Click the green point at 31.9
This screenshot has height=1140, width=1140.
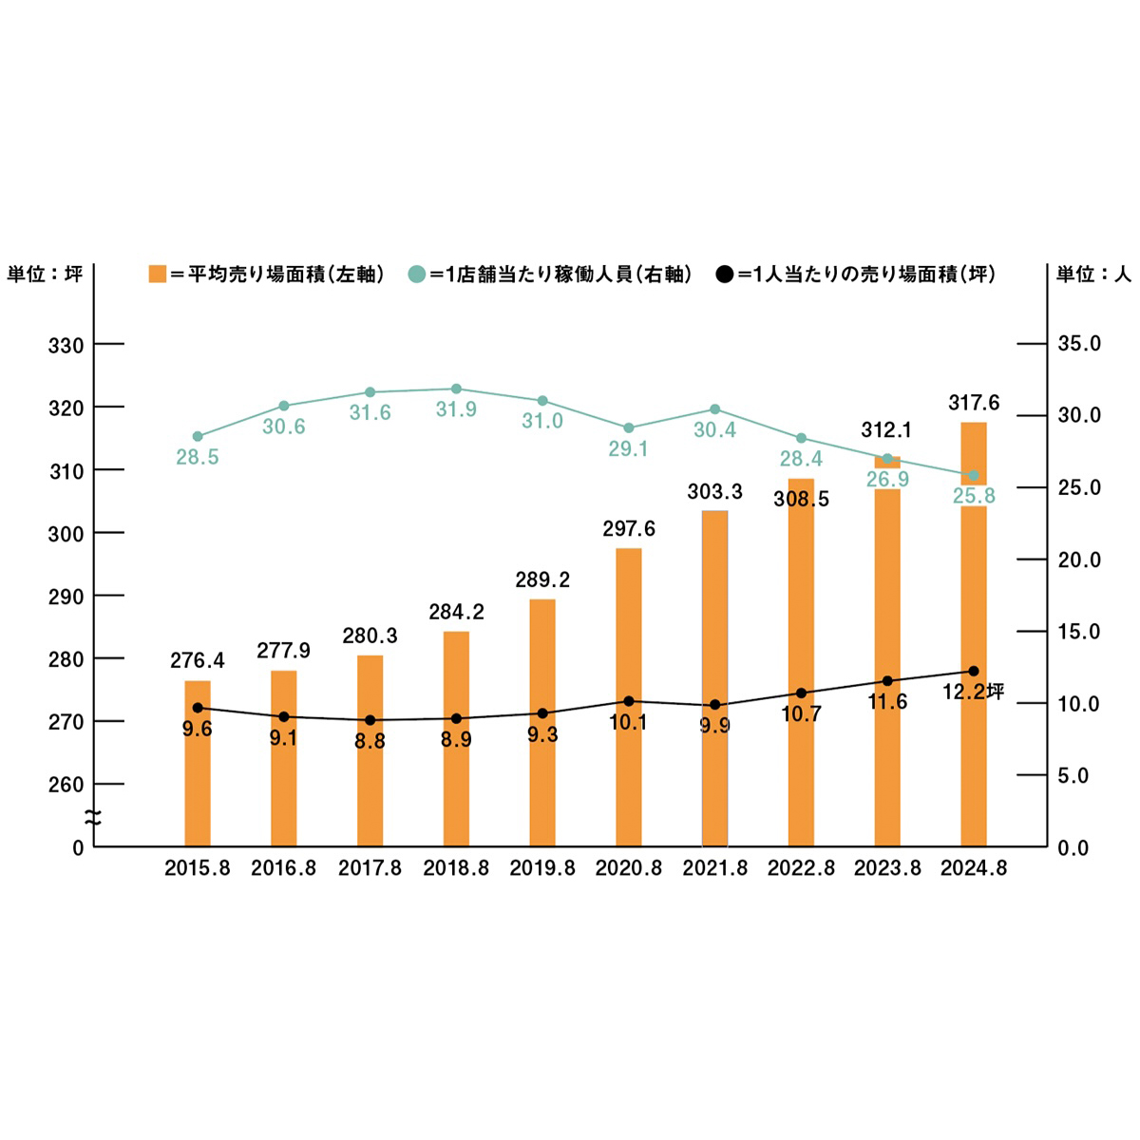coord(456,389)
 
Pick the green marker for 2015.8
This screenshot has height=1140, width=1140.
coord(198,437)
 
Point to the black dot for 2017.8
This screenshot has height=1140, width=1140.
coord(370,720)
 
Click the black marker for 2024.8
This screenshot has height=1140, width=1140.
coord(974,672)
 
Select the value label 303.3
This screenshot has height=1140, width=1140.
coord(714,492)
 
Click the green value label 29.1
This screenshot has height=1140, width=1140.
coord(628,449)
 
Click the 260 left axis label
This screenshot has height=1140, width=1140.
coord(66,785)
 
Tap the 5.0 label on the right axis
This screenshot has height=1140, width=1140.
coord(1073,775)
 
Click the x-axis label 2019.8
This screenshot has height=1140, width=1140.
coord(542,868)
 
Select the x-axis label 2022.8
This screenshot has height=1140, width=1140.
coord(801,868)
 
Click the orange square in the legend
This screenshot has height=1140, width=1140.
coord(158,275)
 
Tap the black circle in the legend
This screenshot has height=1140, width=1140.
coord(725,275)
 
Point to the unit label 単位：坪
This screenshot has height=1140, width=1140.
coord(45,275)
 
